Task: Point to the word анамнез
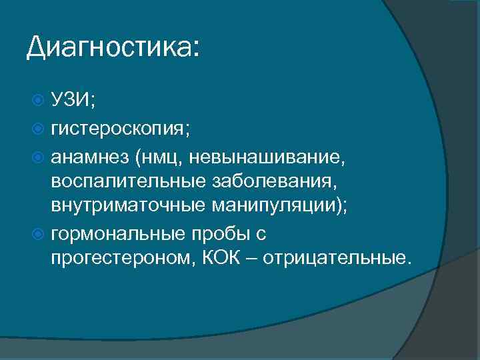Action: click(89, 157)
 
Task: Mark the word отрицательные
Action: click(337, 259)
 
